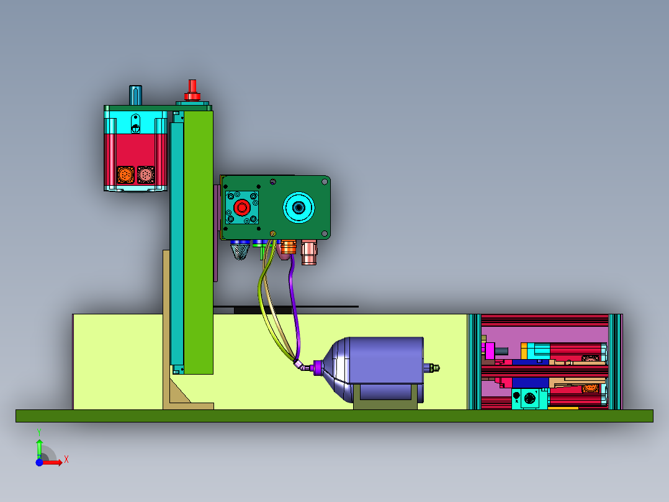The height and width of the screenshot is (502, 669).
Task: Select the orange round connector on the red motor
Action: pyautogui.click(x=125, y=175)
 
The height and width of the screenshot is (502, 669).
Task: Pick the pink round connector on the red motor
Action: pyautogui.click(x=146, y=175)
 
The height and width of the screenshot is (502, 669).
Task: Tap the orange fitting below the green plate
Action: pyautogui.click(x=287, y=249)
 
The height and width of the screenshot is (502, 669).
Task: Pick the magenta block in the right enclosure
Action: pyautogui.click(x=490, y=350)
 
